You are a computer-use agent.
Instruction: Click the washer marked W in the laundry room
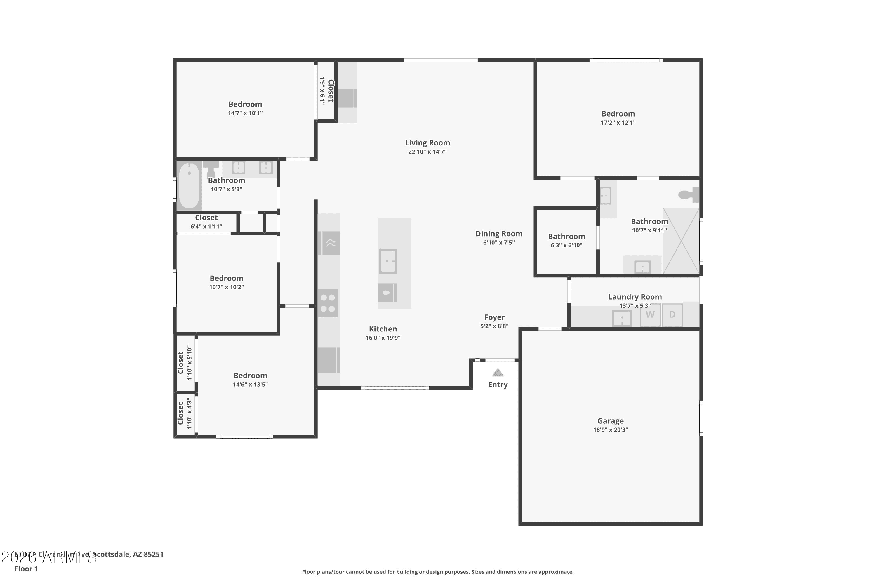coord(650,315)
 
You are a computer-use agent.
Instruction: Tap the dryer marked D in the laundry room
coord(672,315)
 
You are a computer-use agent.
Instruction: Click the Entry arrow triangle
coord(498,373)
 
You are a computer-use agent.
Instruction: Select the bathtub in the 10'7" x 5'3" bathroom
coord(190,185)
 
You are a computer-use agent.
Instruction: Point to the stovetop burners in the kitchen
coord(328,303)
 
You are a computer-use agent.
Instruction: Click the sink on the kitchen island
coord(388,261)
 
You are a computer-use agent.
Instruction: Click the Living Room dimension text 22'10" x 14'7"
coord(427,152)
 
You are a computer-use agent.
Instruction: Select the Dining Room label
coord(499,234)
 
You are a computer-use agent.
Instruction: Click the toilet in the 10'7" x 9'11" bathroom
coord(688,194)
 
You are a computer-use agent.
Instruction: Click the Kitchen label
coord(383,329)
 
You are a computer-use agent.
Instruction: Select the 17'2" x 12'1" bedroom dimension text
coord(618,123)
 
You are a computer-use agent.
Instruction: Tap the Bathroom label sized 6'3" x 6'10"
coord(566,236)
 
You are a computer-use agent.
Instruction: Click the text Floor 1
coord(26,569)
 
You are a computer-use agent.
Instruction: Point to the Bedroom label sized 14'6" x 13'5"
coord(250,376)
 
